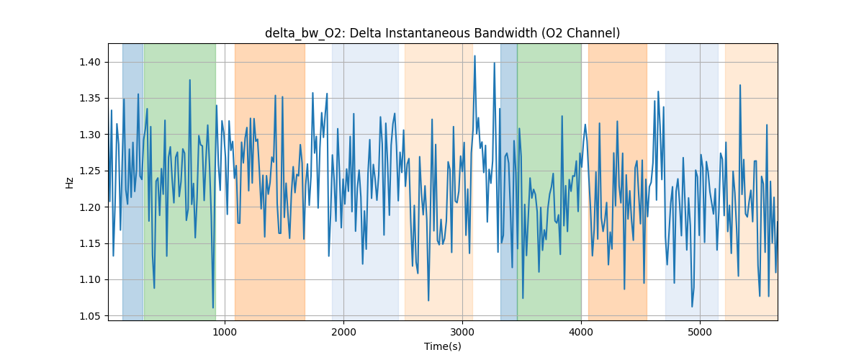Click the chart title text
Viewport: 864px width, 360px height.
pos(442,33)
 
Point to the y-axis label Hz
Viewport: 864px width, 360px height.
pos(70,182)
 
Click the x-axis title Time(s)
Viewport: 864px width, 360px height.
pos(442,346)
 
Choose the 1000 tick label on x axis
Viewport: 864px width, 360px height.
pos(225,332)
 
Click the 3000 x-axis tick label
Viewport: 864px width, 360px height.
pos(462,332)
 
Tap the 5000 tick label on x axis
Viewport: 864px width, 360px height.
pos(700,332)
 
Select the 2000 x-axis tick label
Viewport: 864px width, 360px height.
pos(343,332)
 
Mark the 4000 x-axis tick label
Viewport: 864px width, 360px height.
pos(581,332)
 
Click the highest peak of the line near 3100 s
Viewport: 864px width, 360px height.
pos(474,55)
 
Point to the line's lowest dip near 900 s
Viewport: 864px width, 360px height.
pos(213,308)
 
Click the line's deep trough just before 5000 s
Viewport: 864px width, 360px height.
pos(692,307)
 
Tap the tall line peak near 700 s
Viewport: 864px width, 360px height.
pos(189,80)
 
